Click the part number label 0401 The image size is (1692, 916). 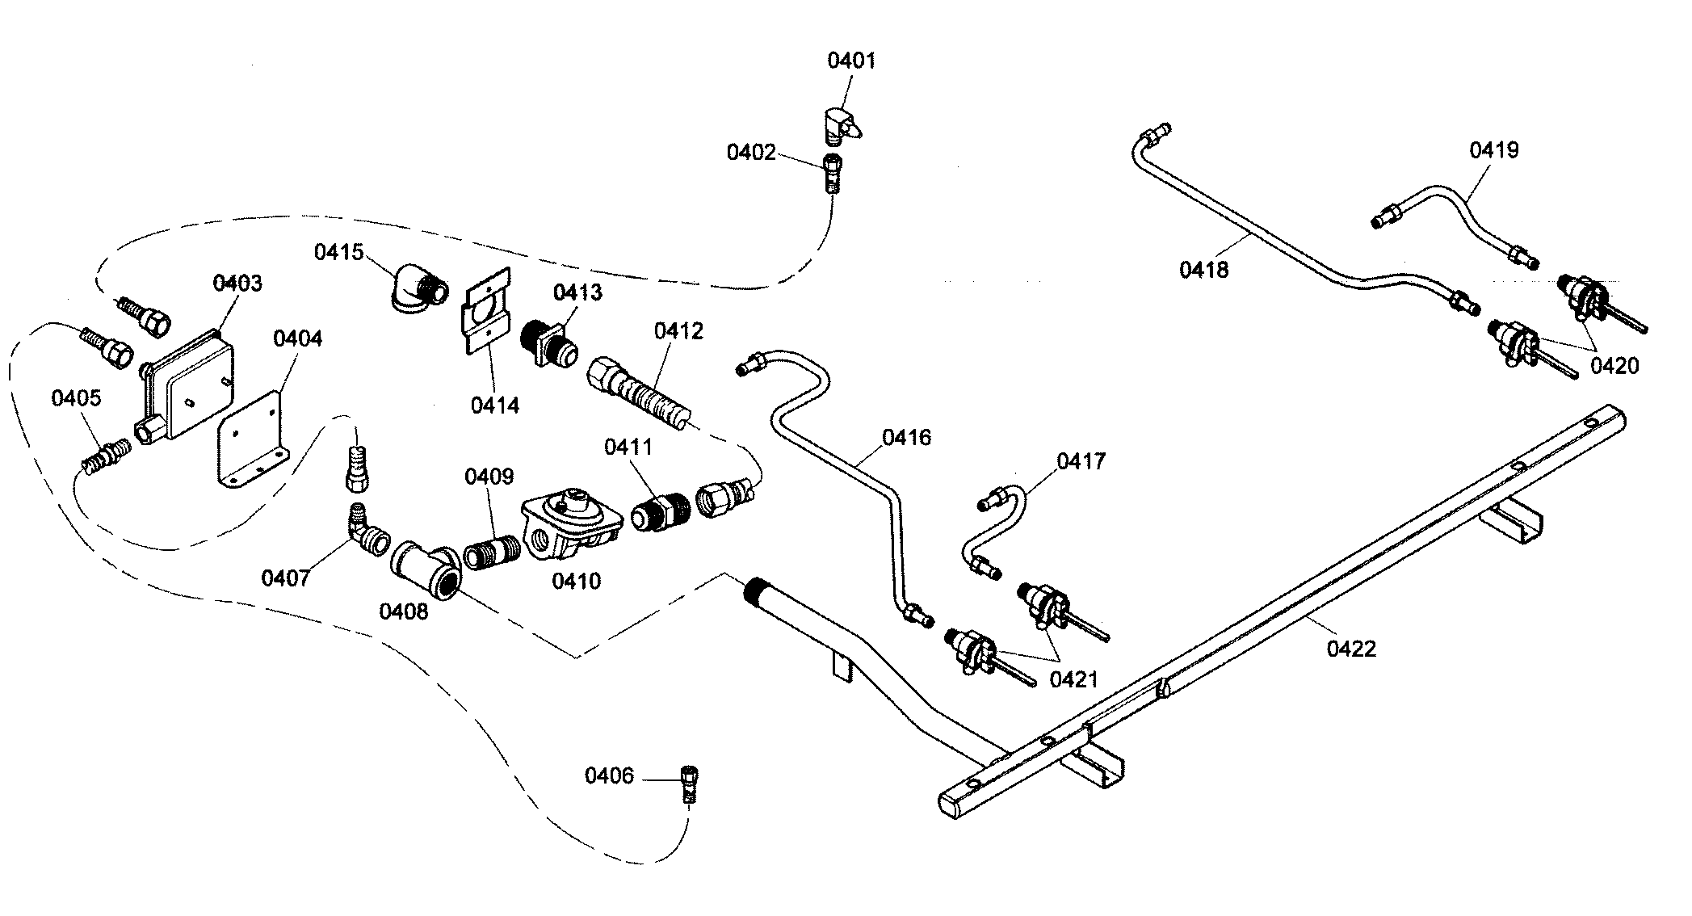point(851,61)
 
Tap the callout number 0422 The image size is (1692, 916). point(1351,648)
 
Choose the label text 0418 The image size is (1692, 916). point(1203,269)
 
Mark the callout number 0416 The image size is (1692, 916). point(906,438)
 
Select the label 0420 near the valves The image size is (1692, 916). point(1614,366)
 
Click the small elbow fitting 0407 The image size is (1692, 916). point(365,530)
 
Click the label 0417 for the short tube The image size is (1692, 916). point(1081,461)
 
